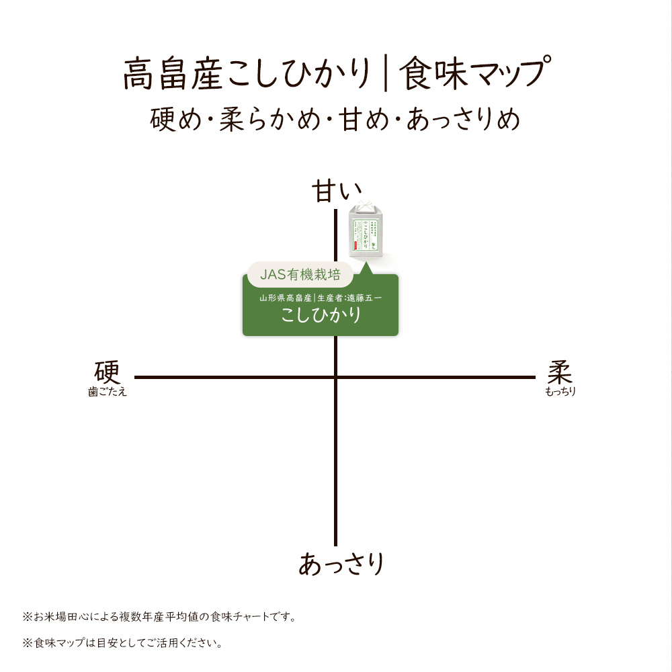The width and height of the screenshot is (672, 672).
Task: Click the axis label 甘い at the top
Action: click(x=337, y=191)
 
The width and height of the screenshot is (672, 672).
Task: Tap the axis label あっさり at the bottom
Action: click(x=341, y=563)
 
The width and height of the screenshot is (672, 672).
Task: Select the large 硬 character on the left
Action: click(x=107, y=372)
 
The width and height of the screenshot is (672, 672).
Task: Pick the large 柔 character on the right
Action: click(x=560, y=372)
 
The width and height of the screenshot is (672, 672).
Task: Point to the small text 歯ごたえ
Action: click(x=108, y=392)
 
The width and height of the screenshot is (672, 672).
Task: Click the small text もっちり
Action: click(x=560, y=391)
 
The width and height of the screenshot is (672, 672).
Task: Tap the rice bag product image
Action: click(x=365, y=229)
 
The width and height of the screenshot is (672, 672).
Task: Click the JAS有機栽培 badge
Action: click(x=300, y=274)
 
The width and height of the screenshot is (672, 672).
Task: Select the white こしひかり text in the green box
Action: click(x=321, y=315)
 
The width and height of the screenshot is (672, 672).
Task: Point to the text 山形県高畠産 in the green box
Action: click(x=286, y=298)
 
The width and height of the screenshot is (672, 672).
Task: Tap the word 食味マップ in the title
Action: click(x=474, y=73)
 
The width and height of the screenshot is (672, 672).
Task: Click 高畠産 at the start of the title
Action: click(x=173, y=74)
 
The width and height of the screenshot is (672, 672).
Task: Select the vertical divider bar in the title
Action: click(x=386, y=73)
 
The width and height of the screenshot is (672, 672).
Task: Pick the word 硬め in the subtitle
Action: click(x=175, y=119)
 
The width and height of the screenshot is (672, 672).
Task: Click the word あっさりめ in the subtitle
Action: click(x=463, y=119)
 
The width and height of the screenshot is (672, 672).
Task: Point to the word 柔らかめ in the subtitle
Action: click(x=270, y=119)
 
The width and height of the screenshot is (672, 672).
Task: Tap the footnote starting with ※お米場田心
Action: click(x=159, y=617)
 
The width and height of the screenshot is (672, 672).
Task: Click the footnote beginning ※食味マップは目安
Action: click(x=122, y=643)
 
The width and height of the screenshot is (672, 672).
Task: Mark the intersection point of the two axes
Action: click(x=336, y=378)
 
